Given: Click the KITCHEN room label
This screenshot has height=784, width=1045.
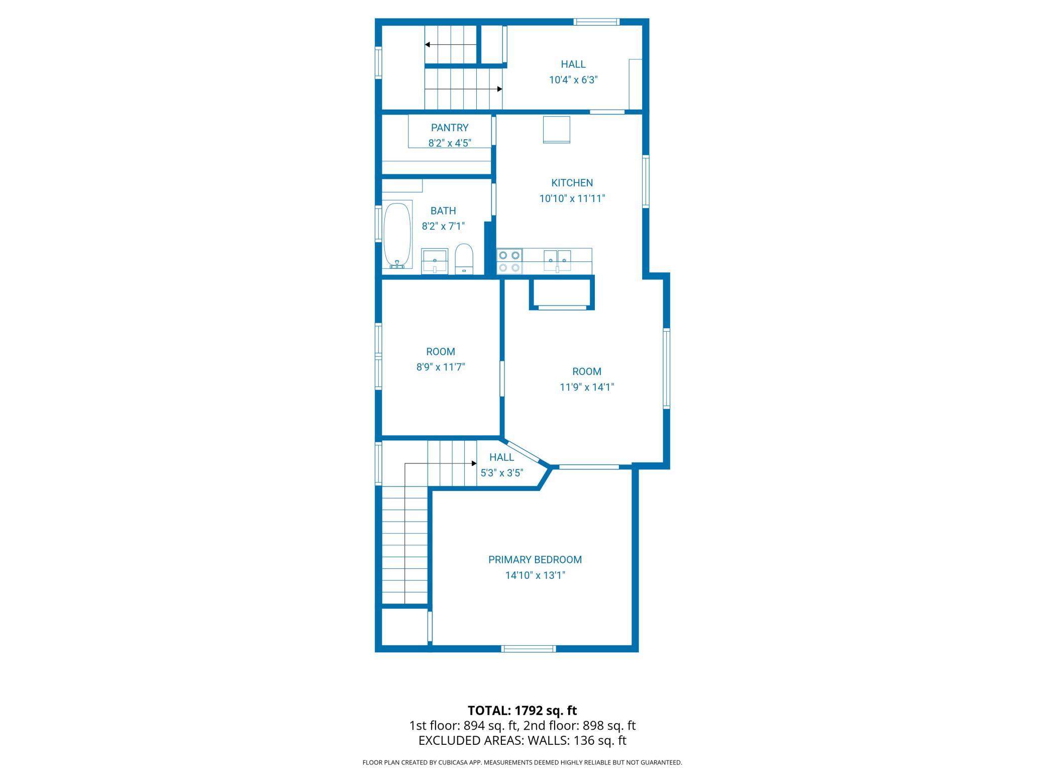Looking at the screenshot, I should tap(572, 183).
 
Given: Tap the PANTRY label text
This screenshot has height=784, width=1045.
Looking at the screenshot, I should tap(449, 128).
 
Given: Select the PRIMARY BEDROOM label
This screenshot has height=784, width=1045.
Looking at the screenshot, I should tap(535, 559).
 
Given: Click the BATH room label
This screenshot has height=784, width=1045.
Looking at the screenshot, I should tap(443, 211).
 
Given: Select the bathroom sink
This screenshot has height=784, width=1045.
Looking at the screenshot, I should tap(434, 260).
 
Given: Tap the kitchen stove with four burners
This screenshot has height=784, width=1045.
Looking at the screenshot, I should tap(508, 261).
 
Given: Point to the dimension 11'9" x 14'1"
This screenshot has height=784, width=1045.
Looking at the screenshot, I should tap(587, 387).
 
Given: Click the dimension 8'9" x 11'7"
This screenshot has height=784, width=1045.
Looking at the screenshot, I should tap(440, 367).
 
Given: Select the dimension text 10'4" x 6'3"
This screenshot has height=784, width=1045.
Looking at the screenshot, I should tap(573, 80).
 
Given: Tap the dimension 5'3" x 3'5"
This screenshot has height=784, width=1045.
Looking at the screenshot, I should tap(502, 473).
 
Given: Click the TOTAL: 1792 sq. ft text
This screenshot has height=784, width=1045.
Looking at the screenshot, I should tap(522, 711).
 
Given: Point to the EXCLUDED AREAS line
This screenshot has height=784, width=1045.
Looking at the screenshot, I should tap(522, 740).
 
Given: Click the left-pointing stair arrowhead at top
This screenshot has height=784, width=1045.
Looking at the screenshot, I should tap(428, 45).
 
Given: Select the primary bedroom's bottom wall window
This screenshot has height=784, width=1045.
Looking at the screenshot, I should tap(529, 649).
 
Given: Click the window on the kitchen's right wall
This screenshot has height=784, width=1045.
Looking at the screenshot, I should tap(646, 181).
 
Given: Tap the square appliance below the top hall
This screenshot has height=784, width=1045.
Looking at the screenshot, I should tap(556, 130).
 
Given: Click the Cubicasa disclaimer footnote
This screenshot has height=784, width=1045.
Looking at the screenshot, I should tap(522, 762).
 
